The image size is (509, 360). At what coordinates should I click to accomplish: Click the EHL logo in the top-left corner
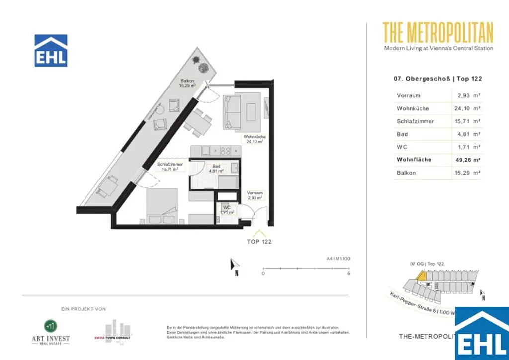click(x=51, y=51)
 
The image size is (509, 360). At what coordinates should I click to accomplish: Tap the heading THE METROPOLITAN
click(x=438, y=32)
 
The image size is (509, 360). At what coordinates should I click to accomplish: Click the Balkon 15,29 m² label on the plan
click(x=187, y=83)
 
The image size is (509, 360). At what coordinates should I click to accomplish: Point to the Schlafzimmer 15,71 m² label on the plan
click(x=170, y=167)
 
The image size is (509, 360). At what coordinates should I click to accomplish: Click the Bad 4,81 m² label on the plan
click(x=216, y=169)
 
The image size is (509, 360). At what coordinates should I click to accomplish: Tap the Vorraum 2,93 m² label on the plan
click(x=254, y=195)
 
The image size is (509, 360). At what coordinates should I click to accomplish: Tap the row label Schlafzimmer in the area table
click(x=415, y=121)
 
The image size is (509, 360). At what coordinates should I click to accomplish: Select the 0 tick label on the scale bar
click(x=263, y=274)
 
